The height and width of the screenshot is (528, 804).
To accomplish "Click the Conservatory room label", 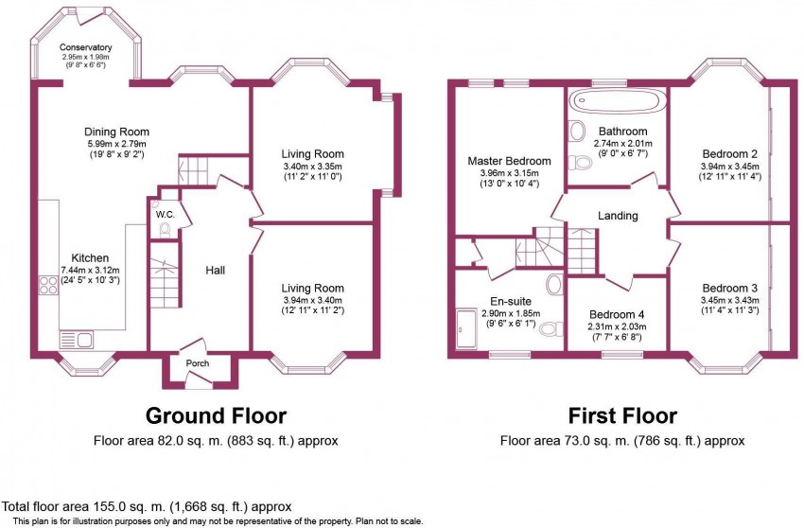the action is tap(86, 47).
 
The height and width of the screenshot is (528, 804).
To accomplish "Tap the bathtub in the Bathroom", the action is tap(618, 100).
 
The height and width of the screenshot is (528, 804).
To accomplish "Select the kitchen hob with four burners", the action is tap(48, 286).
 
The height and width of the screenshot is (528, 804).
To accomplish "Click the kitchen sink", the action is tap(76, 339).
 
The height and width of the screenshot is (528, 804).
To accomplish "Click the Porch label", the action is tap(198, 363).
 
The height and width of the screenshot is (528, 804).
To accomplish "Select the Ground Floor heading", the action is tap(216, 415).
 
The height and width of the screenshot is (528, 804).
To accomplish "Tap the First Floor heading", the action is tap(622, 415).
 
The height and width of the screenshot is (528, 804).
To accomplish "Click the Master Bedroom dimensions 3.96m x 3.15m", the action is tap(509, 172).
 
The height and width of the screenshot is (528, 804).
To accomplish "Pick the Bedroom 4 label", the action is tap(617, 314).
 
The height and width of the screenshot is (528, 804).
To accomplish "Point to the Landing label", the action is tap(618, 216).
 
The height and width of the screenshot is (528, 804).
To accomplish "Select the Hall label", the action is tap(216, 270).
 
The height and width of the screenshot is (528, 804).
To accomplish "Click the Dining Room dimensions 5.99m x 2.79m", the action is tap(116, 144).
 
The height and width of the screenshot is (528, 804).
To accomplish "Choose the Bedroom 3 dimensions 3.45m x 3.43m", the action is tap(729, 300).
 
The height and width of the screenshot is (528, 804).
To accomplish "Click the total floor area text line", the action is tap(148, 507).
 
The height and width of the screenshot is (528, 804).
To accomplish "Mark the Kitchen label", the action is tap(90, 258).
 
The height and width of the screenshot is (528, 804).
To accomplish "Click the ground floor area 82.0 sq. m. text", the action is tap(216, 440).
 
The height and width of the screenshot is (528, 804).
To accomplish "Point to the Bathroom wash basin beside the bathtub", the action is tap(577, 131).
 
